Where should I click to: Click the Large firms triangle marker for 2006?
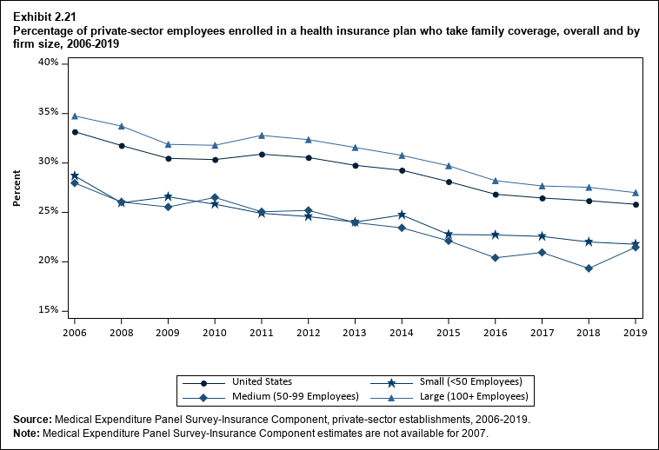[75, 116]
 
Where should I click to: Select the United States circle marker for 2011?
[262, 154]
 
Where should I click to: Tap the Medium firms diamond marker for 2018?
[589, 268]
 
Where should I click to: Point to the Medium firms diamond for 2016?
[496, 258]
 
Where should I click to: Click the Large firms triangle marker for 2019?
[636, 193]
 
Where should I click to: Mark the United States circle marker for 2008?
[122, 145]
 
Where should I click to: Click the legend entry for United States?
[262, 381]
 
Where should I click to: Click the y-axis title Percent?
[17, 187]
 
